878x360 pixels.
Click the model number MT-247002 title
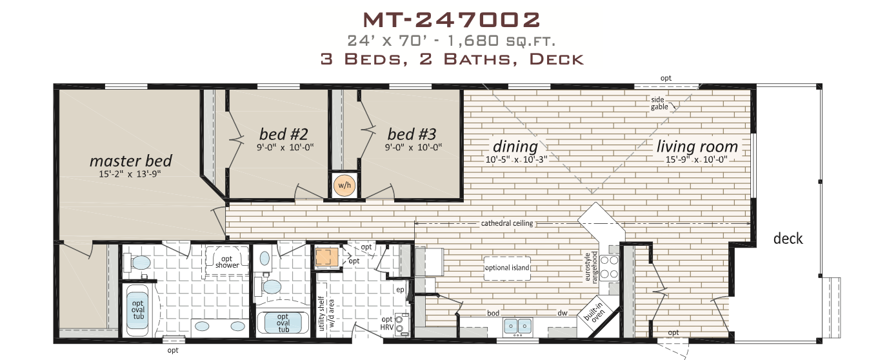[x=450, y=20]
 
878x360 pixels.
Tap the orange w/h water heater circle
[x=344, y=186]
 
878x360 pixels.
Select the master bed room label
[x=131, y=161]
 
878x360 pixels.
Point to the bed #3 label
[x=412, y=134]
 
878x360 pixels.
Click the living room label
[x=697, y=146]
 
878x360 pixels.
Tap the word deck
[x=788, y=239]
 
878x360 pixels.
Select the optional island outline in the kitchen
[x=508, y=267]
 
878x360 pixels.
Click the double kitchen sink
[x=517, y=325]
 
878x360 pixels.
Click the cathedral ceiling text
[x=506, y=224]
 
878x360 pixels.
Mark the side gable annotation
[x=659, y=103]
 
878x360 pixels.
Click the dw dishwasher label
[x=563, y=313]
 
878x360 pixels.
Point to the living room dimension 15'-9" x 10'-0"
[x=697, y=159]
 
